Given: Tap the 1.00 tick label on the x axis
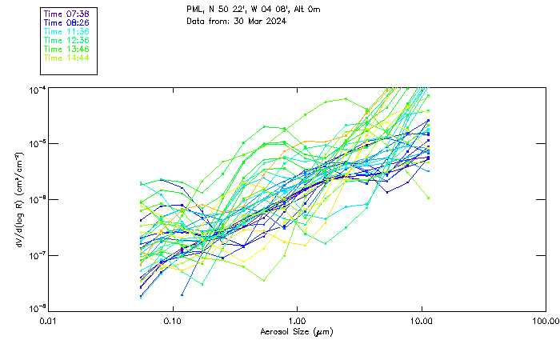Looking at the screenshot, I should [x=297, y=322].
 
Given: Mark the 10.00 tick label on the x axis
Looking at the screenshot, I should [x=421, y=322].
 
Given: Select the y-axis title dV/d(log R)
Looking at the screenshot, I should [x=18, y=199].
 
